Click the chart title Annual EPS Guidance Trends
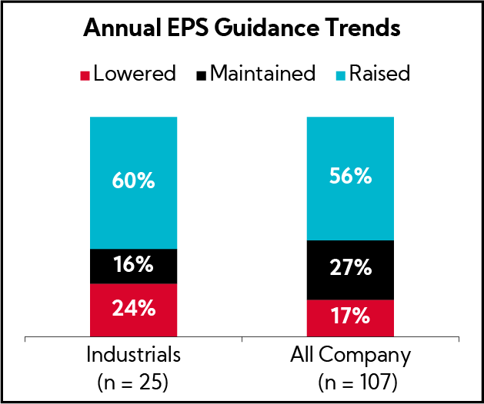(242, 30)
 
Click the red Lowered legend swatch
(86, 75)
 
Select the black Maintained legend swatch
(202, 75)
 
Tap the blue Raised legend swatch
(340, 75)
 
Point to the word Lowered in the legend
(134, 74)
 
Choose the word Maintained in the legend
(262, 74)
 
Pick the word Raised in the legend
(379, 74)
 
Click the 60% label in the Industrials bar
(134, 182)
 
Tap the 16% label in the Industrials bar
(134, 266)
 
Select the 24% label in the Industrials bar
(134, 309)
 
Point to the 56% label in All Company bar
(350, 177)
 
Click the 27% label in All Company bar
(350, 269)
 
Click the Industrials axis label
(134, 356)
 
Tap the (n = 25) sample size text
(134, 381)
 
